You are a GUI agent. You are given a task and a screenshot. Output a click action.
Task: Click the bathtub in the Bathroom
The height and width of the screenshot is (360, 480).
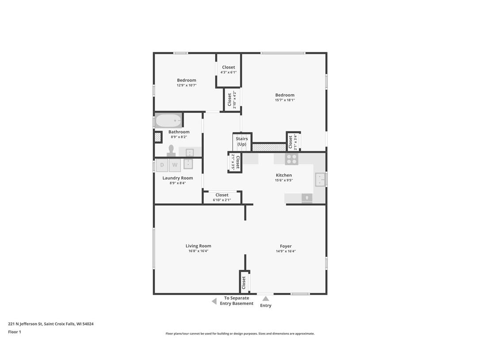[x=168, y=120]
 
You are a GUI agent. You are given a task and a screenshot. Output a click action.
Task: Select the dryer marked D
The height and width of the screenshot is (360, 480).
[x=162, y=165]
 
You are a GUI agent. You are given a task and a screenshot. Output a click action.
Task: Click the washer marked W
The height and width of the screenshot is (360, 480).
[x=175, y=165]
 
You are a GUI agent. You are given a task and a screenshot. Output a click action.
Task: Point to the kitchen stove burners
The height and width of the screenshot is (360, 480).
[x=291, y=159]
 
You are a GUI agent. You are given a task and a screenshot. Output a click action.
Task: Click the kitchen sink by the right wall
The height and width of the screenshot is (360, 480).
[x=320, y=179]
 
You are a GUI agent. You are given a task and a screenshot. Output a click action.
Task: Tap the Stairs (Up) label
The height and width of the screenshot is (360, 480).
[x=242, y=142]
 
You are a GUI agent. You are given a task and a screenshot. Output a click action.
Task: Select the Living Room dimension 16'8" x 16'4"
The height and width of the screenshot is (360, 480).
[x=198, y=251]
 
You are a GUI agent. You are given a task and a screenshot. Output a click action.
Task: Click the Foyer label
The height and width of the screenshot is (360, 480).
[x=286, y=246]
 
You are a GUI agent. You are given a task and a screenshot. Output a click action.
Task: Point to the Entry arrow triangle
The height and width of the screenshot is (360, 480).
[x=266, y=299]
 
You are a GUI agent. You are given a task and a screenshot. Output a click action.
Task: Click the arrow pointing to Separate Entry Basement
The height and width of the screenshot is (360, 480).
[x=214, y=301]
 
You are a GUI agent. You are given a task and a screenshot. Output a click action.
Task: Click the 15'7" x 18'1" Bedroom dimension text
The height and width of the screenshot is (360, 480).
[x=285, y=100]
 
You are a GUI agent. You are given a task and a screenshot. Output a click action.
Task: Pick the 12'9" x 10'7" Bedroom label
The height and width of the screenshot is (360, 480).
[x=187, y=80]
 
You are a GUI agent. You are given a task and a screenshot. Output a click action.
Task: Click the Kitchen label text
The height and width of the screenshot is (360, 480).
[x=284, y=175]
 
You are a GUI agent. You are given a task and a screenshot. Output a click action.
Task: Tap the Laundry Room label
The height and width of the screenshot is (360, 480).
[x=178, y=178]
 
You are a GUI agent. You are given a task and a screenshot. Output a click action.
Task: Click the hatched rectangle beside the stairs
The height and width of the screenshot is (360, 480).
[x=269, y=147]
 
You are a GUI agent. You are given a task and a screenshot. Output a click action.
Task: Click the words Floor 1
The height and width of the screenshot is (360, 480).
[x=15, y=332]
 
